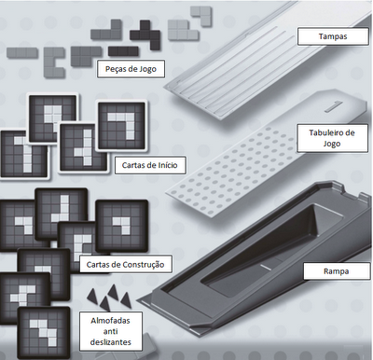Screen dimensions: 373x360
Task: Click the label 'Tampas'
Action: tap(333, 36)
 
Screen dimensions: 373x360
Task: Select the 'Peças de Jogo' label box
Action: tap(131, 69)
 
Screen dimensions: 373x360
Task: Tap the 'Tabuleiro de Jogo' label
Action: tap(332, 138)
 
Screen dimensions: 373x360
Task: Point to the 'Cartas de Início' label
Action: tap(150, 165)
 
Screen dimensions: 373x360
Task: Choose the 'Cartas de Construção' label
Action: tap(125, 265)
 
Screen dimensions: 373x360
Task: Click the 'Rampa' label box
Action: tap(336, 271)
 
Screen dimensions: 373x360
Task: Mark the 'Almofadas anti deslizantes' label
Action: tap(111, 331)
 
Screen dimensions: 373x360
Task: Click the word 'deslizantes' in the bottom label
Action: tap(111, 342)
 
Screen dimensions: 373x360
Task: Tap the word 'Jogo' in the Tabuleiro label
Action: tap(332, 144)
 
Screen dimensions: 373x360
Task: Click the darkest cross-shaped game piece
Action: tap(145, 34)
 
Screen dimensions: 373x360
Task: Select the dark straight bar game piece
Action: tap(123, 51)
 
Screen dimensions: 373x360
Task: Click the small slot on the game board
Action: tap(333, 106)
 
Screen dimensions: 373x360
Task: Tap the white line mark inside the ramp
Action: tap(265, 267)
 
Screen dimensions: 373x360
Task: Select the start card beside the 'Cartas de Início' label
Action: tap(83, 147)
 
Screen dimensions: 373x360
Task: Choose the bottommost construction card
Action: tap(44, 332)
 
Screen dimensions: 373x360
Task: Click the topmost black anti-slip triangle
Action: tap(113, 292)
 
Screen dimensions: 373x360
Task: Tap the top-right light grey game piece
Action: tap(201, 15)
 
